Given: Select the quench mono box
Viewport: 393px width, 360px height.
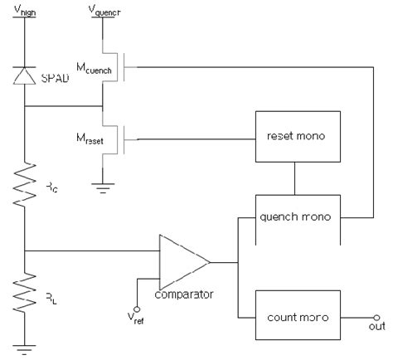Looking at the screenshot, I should (298, 216).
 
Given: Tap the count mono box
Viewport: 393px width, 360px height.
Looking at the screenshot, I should (298, 317).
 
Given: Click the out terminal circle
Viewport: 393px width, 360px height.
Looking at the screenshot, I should (378, 317).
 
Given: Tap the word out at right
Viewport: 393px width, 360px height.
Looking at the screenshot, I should (378, 329).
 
